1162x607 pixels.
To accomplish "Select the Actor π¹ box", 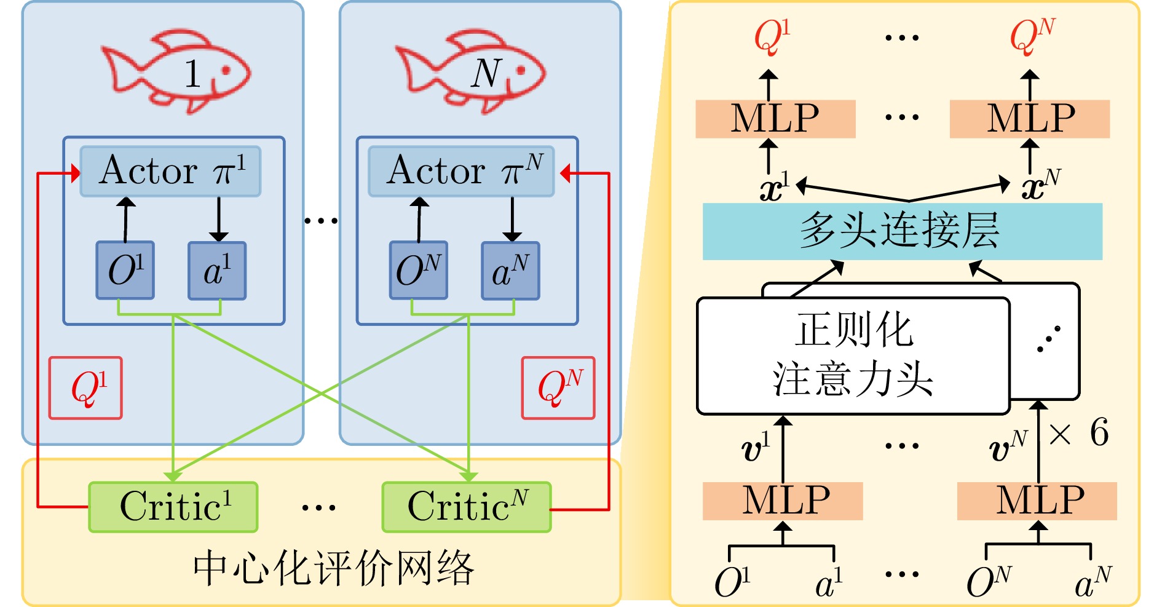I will (170, 171).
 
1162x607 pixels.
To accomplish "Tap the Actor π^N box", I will (461, 171).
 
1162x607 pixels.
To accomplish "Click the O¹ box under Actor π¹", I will (125, 271).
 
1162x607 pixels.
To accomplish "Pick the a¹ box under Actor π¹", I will (217, 271).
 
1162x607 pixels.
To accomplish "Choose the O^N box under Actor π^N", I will (419, 271).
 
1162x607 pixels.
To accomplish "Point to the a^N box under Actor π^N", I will (510, 271).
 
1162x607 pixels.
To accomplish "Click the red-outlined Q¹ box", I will (85, 388).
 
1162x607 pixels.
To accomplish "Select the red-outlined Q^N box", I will (558, 388).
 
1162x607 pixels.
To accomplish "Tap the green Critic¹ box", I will (173, 507).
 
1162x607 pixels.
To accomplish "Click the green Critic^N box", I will (467, 507).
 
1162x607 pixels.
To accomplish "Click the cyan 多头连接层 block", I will (902, 231).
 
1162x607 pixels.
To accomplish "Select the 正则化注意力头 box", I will (853, 355).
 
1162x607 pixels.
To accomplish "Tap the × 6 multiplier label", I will (1079, 433).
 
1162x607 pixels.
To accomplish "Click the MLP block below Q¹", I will (775, 119).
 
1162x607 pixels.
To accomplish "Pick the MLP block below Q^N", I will (1030, 119).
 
